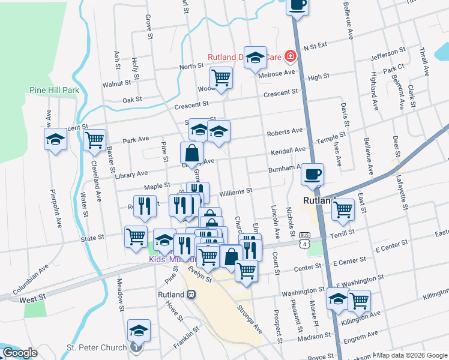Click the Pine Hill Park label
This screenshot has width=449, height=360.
coord(54,90)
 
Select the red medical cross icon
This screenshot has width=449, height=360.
coord(291,57)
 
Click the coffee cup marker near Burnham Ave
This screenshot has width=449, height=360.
coord(312,175)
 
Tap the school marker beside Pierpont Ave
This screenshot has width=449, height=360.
coord(56,140)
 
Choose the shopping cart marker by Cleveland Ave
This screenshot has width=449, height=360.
coord(94,140)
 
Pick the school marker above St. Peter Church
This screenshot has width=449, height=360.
coord(139,330)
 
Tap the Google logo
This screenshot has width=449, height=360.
coord(20,353)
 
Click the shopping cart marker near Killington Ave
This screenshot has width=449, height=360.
coord(359,300)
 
